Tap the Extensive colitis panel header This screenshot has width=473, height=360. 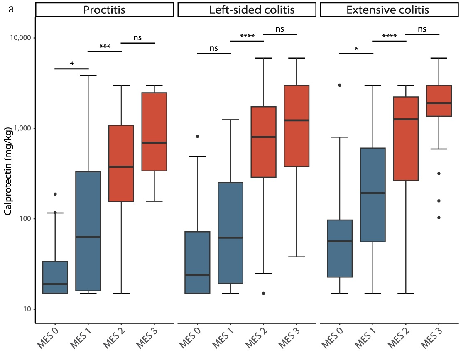388,10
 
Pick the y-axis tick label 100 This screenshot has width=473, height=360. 25,219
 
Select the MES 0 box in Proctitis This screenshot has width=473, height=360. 55,277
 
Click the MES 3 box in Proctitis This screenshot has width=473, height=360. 154,132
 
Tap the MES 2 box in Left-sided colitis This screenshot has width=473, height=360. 263,142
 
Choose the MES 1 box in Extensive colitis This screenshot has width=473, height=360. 373,195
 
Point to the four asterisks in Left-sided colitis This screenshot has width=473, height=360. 247,37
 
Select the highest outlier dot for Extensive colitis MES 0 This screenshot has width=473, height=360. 340,85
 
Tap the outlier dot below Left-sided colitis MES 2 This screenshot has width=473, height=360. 263,293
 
